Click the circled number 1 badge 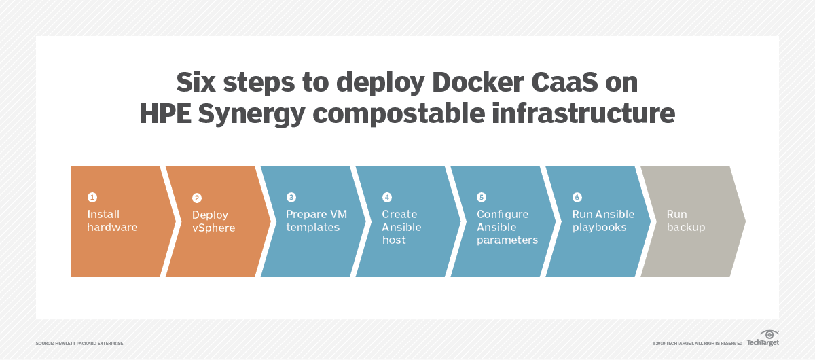(x=92, y=197)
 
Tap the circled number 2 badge (x=197, y=198)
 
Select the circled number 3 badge (x=291, y=197)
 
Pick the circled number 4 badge (x=386, y=197)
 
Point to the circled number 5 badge (x=482, y=197)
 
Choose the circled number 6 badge (x=577, y=197)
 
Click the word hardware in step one (x=113, y=227)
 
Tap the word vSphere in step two (x=213, y=228)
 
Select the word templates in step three (x=313, y=228)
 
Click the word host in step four (x=394, y=240)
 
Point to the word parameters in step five (x=507, y=240)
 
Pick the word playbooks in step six (x=599, y=228)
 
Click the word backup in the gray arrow (x=686, y=228)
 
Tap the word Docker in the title (x=478, y=83)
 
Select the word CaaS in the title (x=564, y=83)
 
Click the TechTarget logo (x=763, y=338)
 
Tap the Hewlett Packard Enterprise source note (x=79, y=343)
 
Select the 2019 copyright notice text (x=697, y=343)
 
